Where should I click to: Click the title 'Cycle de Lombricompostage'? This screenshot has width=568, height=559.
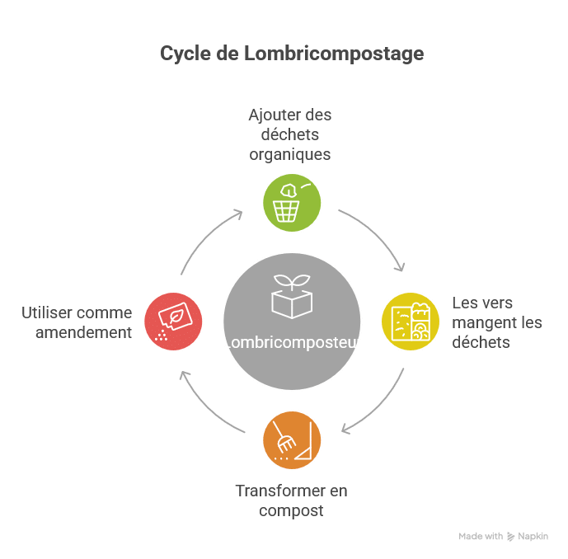[292, 54]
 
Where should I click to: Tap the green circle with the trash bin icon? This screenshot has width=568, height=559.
[292, 201]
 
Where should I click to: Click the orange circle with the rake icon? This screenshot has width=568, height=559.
[292, 440]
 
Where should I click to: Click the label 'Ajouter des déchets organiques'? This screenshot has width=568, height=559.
[290, 134]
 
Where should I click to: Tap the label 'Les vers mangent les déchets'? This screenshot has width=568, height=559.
[497, 322]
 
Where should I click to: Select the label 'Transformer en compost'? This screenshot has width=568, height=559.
[291, 500]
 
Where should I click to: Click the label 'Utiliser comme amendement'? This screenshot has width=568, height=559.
[77, 322]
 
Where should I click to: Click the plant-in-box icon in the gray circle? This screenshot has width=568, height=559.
[292, 297]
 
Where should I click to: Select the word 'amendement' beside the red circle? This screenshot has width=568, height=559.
[83, 332]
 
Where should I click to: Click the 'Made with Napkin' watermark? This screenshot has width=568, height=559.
[503, 536]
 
